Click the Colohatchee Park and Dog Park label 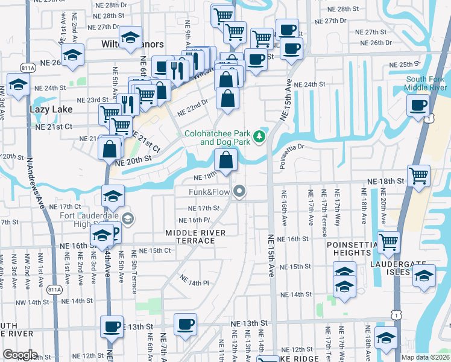click(216, 138)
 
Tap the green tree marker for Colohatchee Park click(259, 137)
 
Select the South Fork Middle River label click(426, 83)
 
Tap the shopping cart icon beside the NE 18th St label click(418, 176)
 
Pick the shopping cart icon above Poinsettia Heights click(389, 241)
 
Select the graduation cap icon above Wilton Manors click(129, 37)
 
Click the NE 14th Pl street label click(195, 280)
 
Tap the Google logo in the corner click(20, 355)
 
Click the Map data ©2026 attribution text click(424, 357)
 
